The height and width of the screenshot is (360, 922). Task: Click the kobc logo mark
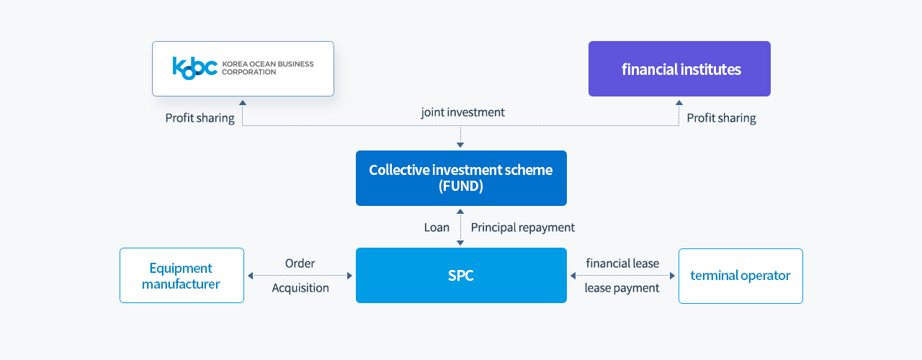194,68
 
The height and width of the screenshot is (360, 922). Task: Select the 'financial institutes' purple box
679,68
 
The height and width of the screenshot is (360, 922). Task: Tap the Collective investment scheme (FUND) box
461,178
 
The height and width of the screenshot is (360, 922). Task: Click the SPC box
461,275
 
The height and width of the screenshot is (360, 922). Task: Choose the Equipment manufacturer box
182,275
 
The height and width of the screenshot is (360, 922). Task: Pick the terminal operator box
740,276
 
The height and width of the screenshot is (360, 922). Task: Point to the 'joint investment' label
462,112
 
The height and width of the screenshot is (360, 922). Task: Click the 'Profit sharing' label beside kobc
200,118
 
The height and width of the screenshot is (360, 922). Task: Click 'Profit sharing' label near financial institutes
721,118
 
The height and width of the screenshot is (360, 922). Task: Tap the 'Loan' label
437,228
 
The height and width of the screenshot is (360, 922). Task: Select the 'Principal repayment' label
523,228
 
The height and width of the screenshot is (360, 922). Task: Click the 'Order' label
300,264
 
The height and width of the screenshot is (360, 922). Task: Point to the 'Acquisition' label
300,288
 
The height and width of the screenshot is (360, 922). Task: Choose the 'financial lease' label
622,264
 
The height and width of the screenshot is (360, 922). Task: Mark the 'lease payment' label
622,288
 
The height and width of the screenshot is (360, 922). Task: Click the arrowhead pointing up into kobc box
243,102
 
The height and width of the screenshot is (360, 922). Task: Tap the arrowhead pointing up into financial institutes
679,102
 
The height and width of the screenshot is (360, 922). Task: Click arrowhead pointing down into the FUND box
460,145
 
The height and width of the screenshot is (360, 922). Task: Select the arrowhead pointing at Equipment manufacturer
250,276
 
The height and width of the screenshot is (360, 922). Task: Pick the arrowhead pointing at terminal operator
673,276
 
